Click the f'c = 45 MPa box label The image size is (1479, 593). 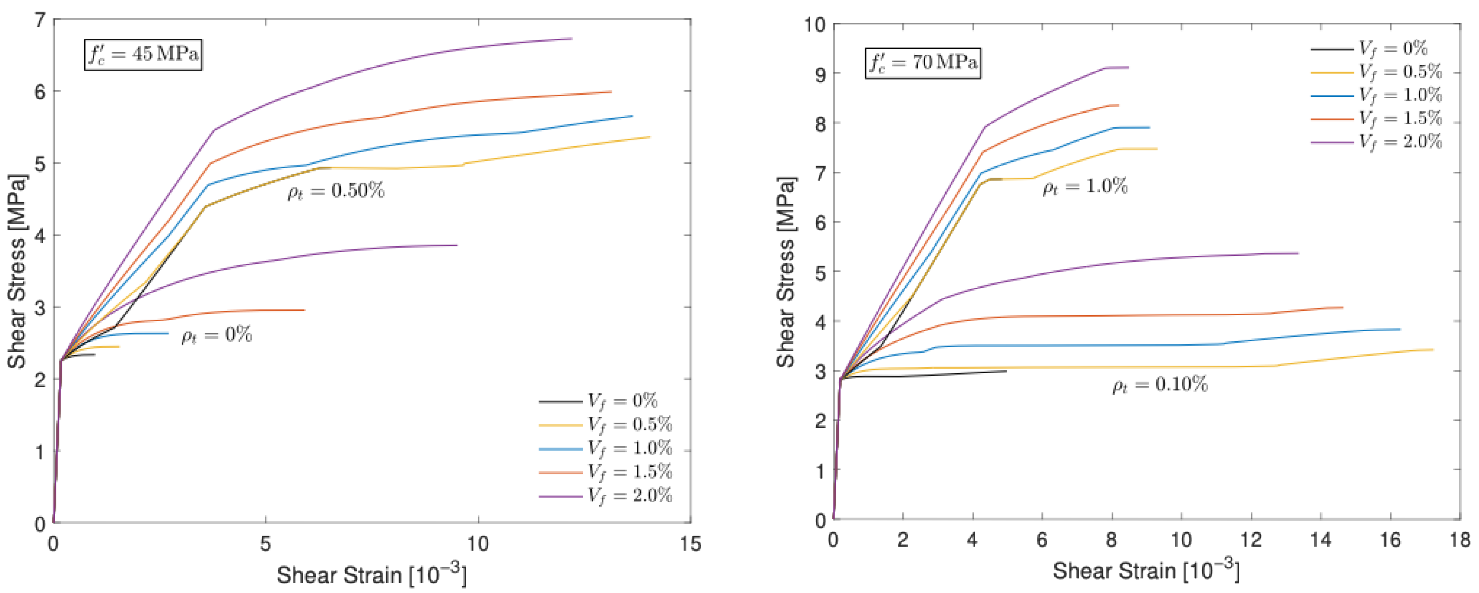(143, 54)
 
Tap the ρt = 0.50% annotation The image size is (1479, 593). (336, 191)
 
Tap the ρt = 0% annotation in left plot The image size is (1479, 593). (217, 335)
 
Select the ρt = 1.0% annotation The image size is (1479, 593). (1085, 187)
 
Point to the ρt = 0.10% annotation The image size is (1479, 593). (1160, 385)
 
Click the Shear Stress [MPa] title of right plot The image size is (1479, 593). (786, 272)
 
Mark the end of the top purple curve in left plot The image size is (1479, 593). (572, 38)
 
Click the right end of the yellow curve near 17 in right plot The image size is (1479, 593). (1433, 350)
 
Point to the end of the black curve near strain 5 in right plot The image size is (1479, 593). (1006, 371)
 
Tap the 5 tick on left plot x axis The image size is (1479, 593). (265, 543)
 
